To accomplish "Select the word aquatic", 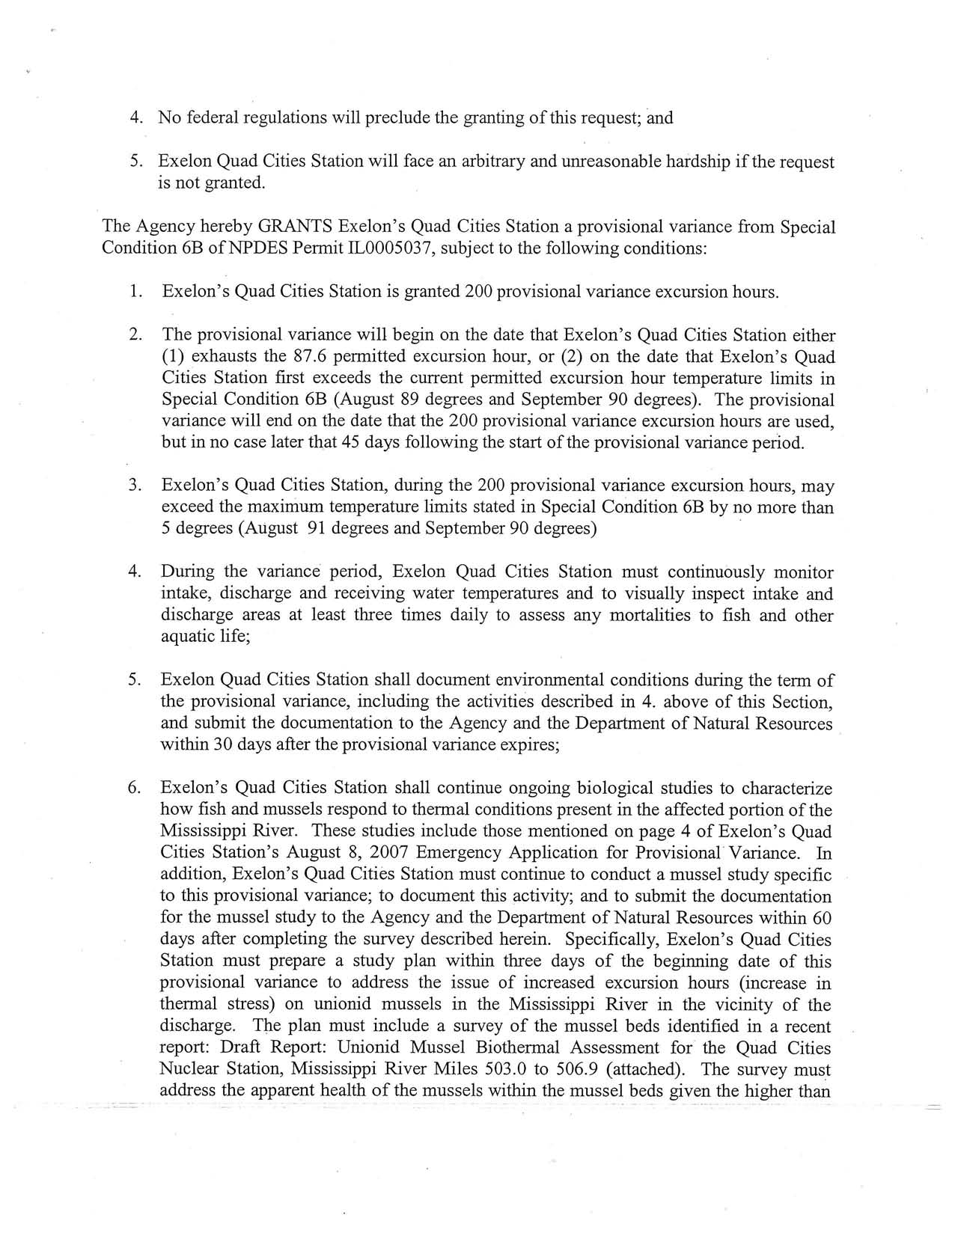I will pos(189,637).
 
